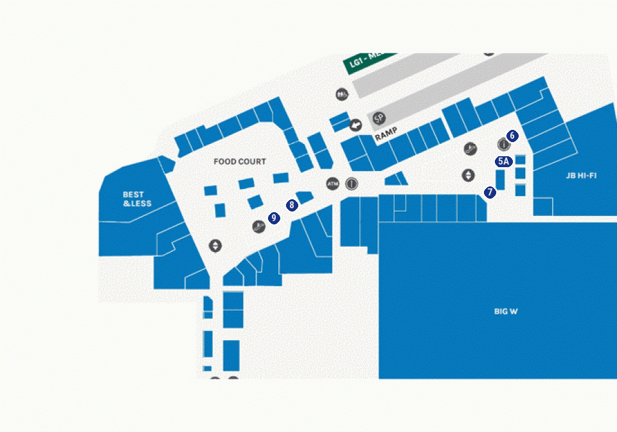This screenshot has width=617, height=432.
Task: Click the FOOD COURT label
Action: [x=240, y=162]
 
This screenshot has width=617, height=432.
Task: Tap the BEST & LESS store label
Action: [x=137, y=199]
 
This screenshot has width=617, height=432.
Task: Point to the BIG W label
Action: [x=506, y=312]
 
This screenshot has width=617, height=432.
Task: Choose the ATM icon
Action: [x=332, y=183]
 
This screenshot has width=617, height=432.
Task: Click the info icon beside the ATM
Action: [x=352, y=183]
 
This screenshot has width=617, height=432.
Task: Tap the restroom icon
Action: [x=341, y=94]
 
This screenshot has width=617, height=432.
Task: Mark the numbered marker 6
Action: [x=512, y=136]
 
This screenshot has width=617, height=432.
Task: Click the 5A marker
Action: [x=503, y=162]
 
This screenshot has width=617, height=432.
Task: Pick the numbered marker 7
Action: [x=490, y=192]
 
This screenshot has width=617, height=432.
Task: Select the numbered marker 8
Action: [x=292, y=206]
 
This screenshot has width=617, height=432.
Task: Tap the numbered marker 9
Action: [x=274, y=218]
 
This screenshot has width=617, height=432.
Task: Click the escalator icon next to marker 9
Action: [x=258, y=226]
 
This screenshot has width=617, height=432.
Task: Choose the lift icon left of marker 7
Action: [x=469, y=175]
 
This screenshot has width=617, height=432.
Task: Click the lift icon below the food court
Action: [x=215, y=246]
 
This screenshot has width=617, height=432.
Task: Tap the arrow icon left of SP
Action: [x=355, y=125]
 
